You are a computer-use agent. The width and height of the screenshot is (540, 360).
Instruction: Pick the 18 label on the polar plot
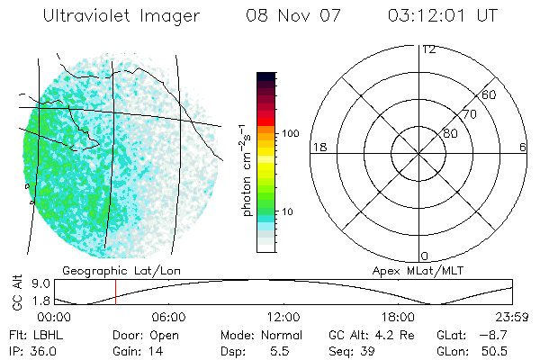pos(318,147)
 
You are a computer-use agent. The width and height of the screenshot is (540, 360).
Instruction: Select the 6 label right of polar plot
pos(523,147)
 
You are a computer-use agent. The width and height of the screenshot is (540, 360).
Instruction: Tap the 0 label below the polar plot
pos(425,256)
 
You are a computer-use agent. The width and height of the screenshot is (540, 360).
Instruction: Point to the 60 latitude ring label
pos(490,94)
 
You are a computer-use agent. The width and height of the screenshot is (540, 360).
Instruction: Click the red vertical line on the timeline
pos(115,292)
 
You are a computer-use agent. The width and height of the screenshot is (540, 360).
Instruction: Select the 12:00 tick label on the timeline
pos(283,317)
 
